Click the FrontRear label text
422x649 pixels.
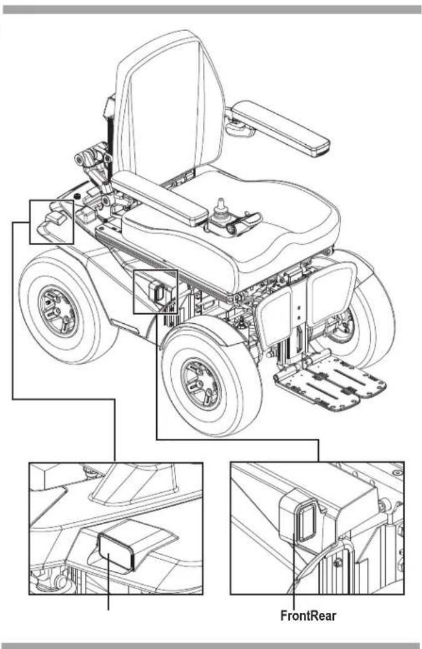coord(308,615)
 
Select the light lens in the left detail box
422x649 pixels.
coord(115,552)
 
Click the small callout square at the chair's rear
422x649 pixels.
coord(52,222)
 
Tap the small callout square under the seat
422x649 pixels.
coord(155,291)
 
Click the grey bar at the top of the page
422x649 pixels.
coord(212,9)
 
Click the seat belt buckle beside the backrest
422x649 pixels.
coord(110,106)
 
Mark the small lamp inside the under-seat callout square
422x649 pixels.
coord(157,292)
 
